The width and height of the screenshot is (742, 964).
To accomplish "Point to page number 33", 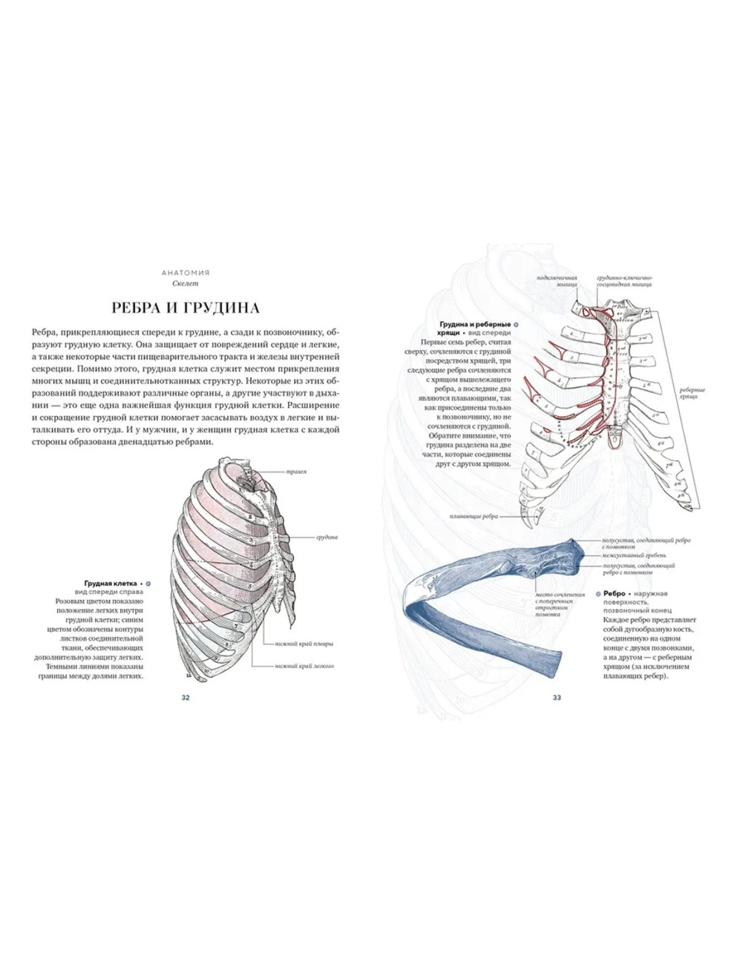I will [556, 697].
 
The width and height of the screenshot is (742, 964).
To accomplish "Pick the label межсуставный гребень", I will [634, 555].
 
